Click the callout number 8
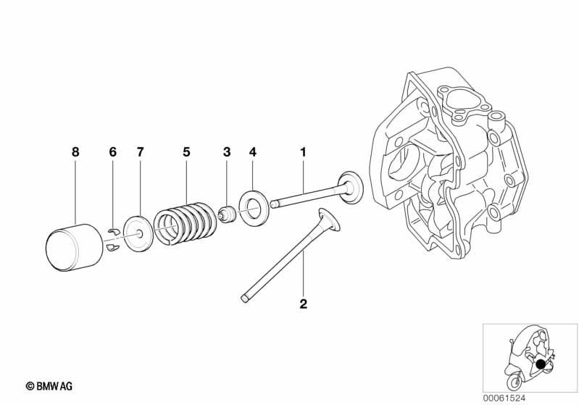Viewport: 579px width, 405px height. (x=75, y=152)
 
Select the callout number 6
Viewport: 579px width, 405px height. (x=112, y=152)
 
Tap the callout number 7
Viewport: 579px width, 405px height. (x=141, y=152)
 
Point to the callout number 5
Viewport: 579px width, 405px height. (x=186, y=152)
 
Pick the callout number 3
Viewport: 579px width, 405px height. (x=227, y=152)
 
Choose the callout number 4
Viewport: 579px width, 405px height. (x=253, y=152)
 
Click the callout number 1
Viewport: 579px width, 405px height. (x=304, y=152)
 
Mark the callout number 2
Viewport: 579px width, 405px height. (x=304, y=304)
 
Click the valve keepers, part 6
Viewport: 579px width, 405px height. (x=112, y=240)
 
